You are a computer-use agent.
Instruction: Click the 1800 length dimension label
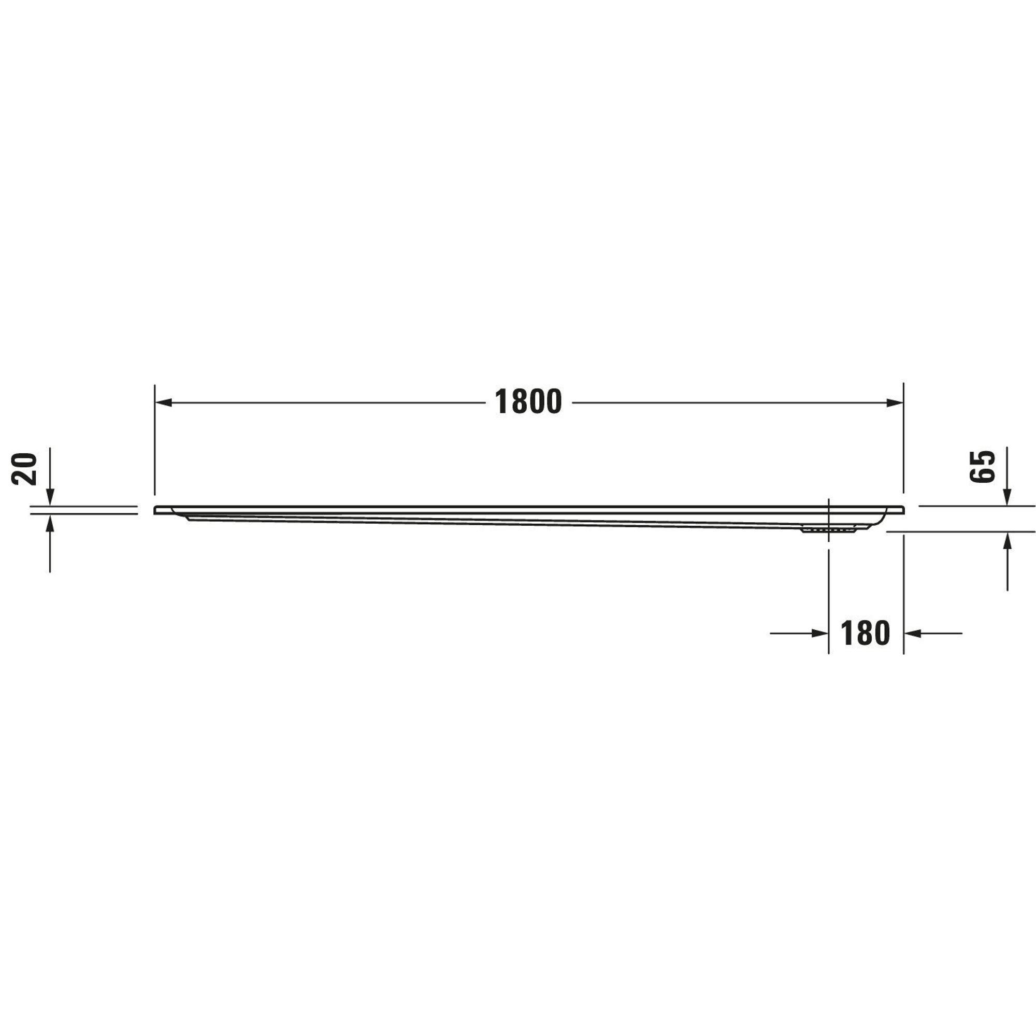click(x=528, y=402)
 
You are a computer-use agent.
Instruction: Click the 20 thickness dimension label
click(x=25, y=469)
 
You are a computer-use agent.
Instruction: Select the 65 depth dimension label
click(x=982, y=467)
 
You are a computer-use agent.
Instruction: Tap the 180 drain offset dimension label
click(x=866, y=634)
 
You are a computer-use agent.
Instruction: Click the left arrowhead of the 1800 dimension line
click(x=163, y=402)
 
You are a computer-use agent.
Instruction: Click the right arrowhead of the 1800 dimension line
click(x=895, y=402)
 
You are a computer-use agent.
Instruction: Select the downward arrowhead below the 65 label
click(x=1007, y=497)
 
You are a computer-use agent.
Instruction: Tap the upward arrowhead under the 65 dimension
click(x=1007, y=542)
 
